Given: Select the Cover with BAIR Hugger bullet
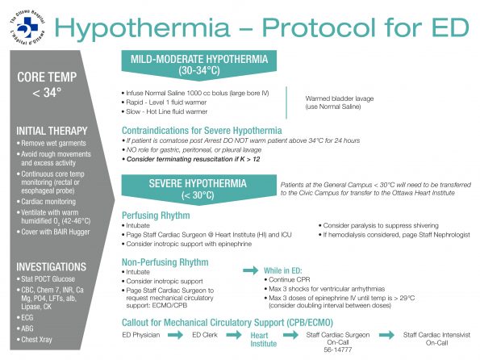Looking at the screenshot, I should point(59,232).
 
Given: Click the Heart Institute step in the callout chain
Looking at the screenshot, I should point(263,337).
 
